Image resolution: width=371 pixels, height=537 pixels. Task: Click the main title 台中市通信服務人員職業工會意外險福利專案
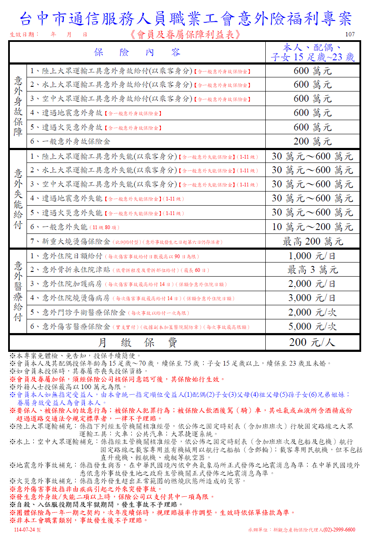click(185, 18)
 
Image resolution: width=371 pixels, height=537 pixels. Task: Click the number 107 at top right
click(350, 35)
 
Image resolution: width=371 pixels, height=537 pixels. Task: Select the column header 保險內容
click(137, 53)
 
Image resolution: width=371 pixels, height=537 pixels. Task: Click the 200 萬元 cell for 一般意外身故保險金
click(312, 141)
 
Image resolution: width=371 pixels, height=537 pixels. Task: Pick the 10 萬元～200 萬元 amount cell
click(312, 227)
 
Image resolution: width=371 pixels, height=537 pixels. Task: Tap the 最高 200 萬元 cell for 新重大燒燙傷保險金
click(312, 242)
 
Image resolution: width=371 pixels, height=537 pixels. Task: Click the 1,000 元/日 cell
click(312, 256)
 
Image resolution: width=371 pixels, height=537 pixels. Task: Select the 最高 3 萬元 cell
click(312, 270)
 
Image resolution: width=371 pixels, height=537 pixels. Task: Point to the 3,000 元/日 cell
click(312, 298)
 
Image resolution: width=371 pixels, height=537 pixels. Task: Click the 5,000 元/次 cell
click(312, 326)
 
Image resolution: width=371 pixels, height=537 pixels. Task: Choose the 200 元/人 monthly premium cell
click(312, 342)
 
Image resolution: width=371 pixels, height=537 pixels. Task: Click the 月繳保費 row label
click(137, 342)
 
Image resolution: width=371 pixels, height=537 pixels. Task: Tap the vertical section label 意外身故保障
click(18, 106)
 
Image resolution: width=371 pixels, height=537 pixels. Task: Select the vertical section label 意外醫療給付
click(18, 291)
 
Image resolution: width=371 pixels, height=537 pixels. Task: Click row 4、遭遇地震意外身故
click(66, 113)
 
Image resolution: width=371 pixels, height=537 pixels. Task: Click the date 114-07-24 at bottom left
click(27, 530)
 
